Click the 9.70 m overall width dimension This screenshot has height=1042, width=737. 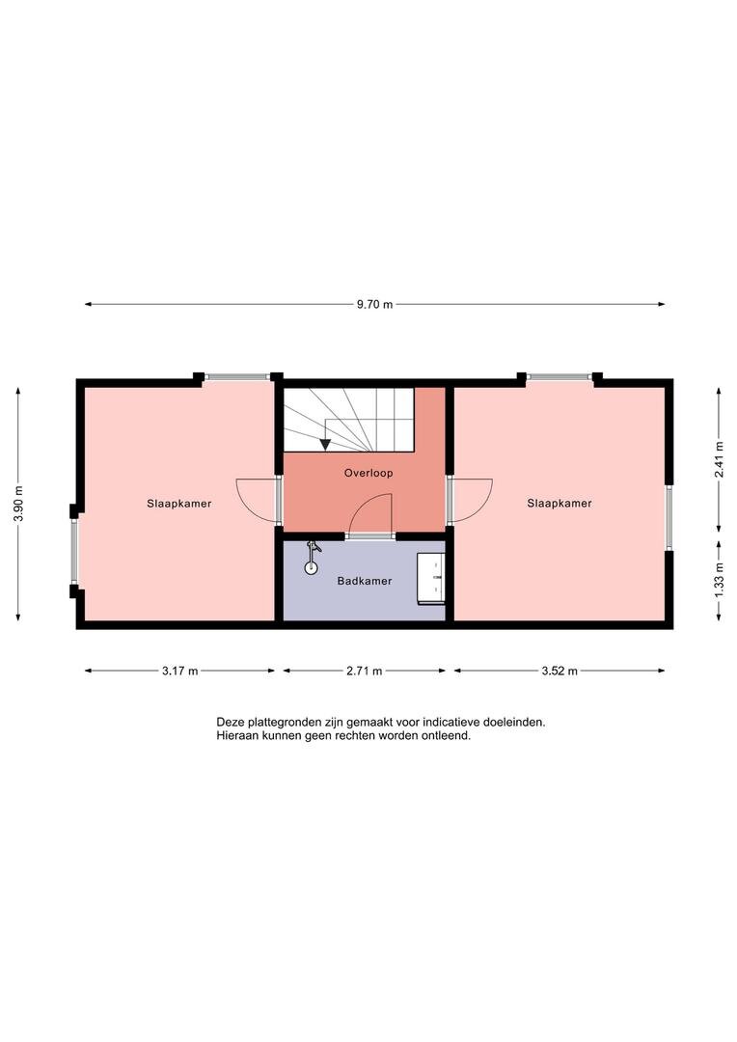click(x=375, y=304)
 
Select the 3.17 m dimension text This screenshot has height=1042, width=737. click(x=180, y=671)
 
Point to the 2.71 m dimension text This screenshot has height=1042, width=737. click(x=365, y=671)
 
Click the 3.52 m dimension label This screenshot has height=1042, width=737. click(x=560, y=671)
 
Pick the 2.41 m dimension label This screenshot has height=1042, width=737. click(x=719, y=459)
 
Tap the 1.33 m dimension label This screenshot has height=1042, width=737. click(x=719, y=580)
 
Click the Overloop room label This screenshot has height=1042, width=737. click(x=368, y=473)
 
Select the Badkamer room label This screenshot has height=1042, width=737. click(x=365, y=581)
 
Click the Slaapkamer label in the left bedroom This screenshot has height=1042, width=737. click(x=179, y=504)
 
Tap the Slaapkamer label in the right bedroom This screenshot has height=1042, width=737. click(x=560, y=504)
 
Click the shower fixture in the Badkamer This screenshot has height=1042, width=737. click(x=312, y=558)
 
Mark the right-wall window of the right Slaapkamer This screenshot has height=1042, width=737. click(x=669, y=518)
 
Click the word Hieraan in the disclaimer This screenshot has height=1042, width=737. click(x=234, y=735)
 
